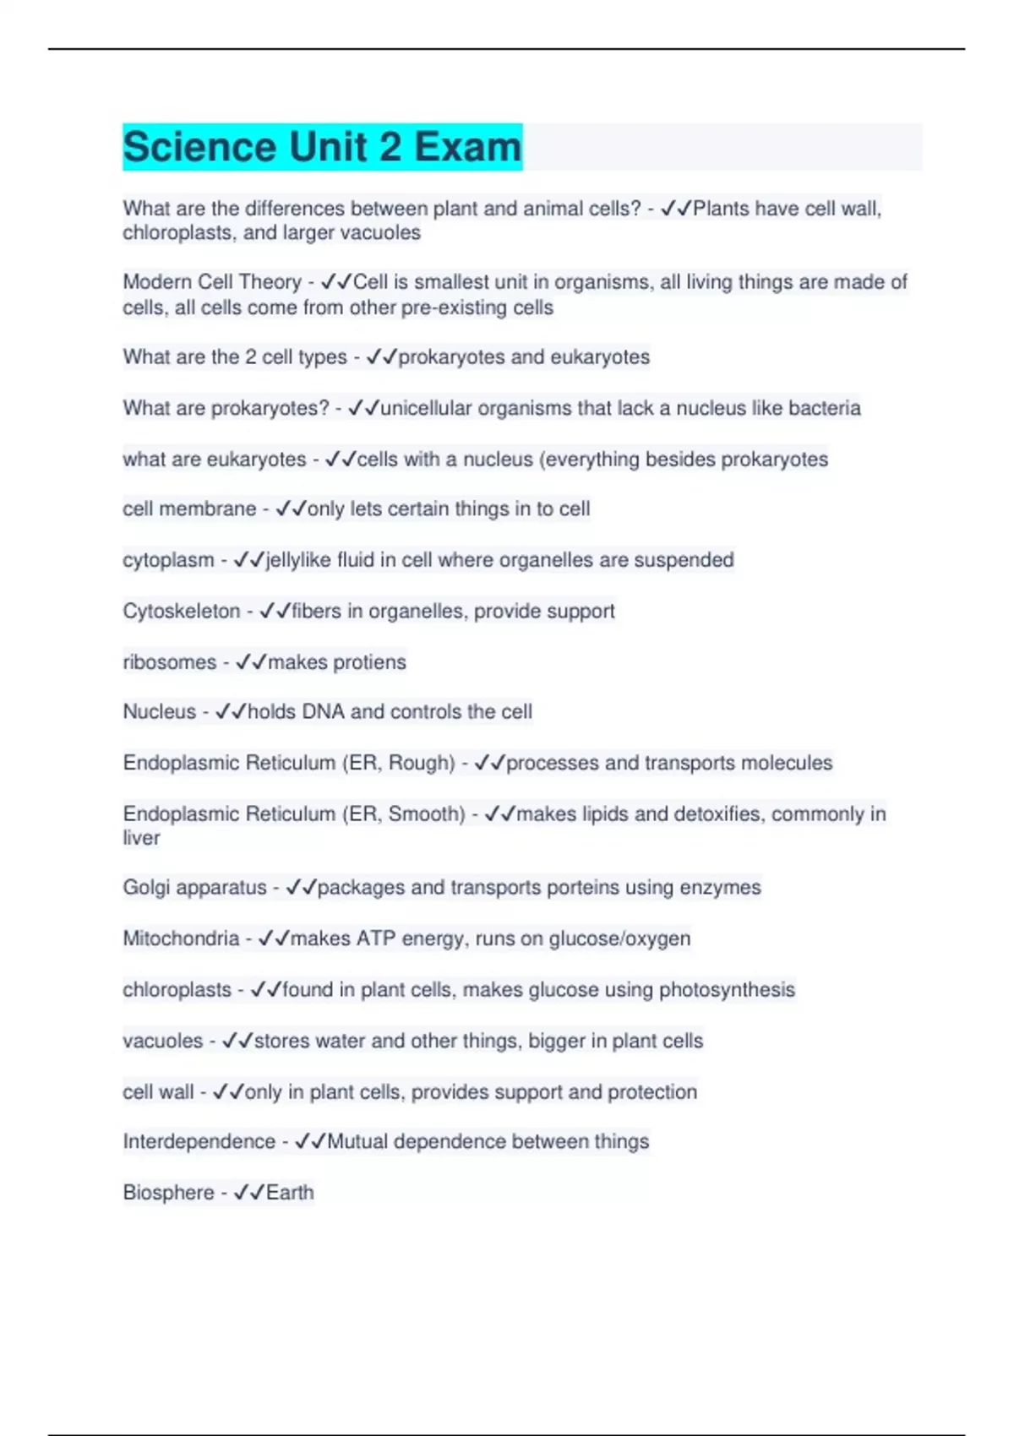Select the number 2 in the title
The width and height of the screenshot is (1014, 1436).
390,147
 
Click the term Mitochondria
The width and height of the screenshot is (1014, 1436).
181,938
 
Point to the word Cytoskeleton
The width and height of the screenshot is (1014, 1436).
181,611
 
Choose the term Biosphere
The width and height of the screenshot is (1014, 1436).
168,1193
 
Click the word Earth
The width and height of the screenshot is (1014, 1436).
290,1193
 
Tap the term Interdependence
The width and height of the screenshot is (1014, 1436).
199,1142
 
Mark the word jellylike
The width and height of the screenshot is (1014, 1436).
298,560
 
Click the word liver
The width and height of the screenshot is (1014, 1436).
141,838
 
